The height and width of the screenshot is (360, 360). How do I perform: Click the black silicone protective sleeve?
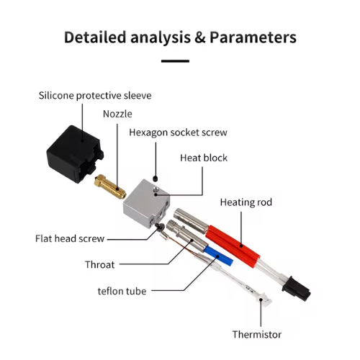[74, 154]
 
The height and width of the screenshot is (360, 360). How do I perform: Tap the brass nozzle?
[110, 187]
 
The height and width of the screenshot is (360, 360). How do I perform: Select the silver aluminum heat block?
[146, 204]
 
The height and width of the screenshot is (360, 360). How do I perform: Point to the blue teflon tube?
[218, 256]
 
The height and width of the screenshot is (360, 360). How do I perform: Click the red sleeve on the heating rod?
[233, 244]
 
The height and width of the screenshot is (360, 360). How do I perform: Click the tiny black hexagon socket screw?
[156, 179]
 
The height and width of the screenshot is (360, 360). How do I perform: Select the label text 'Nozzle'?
[117, 114]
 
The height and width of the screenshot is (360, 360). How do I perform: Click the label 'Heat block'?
[204, 158]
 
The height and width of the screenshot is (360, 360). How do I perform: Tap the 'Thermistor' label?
[257, 334]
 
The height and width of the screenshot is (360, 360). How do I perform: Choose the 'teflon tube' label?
[122, 291]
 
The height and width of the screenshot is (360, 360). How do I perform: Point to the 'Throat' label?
[100, 264]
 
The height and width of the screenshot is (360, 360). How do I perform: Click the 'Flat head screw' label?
[70, 238]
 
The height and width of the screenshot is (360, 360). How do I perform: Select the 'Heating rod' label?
[246, 202]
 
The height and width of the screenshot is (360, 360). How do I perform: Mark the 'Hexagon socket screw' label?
[178, 132]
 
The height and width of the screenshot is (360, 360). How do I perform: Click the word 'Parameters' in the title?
[253, 37]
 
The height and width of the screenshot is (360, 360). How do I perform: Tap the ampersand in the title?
[200, 37]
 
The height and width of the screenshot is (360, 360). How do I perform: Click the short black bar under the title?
[175, 61]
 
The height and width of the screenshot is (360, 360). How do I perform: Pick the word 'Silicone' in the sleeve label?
[56, 96]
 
